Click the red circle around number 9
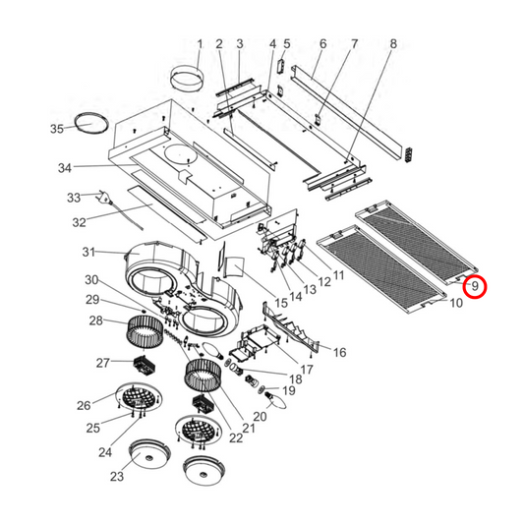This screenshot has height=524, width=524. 475,287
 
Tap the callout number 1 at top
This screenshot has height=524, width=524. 200,44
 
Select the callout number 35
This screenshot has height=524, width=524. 57,129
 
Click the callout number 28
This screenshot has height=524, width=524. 96,320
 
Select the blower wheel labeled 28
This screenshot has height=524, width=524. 143,331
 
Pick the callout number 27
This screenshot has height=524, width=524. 102,363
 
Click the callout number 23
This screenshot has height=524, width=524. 118,478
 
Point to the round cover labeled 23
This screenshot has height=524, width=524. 149,454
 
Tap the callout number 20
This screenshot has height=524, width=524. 260,417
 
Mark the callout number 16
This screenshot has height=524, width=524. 339,352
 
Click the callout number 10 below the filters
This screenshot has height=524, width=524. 455,304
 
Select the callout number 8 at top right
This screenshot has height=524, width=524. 393,44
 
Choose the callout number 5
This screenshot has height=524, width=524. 287,44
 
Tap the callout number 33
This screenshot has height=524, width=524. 73,199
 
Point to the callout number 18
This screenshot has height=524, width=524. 293,379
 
